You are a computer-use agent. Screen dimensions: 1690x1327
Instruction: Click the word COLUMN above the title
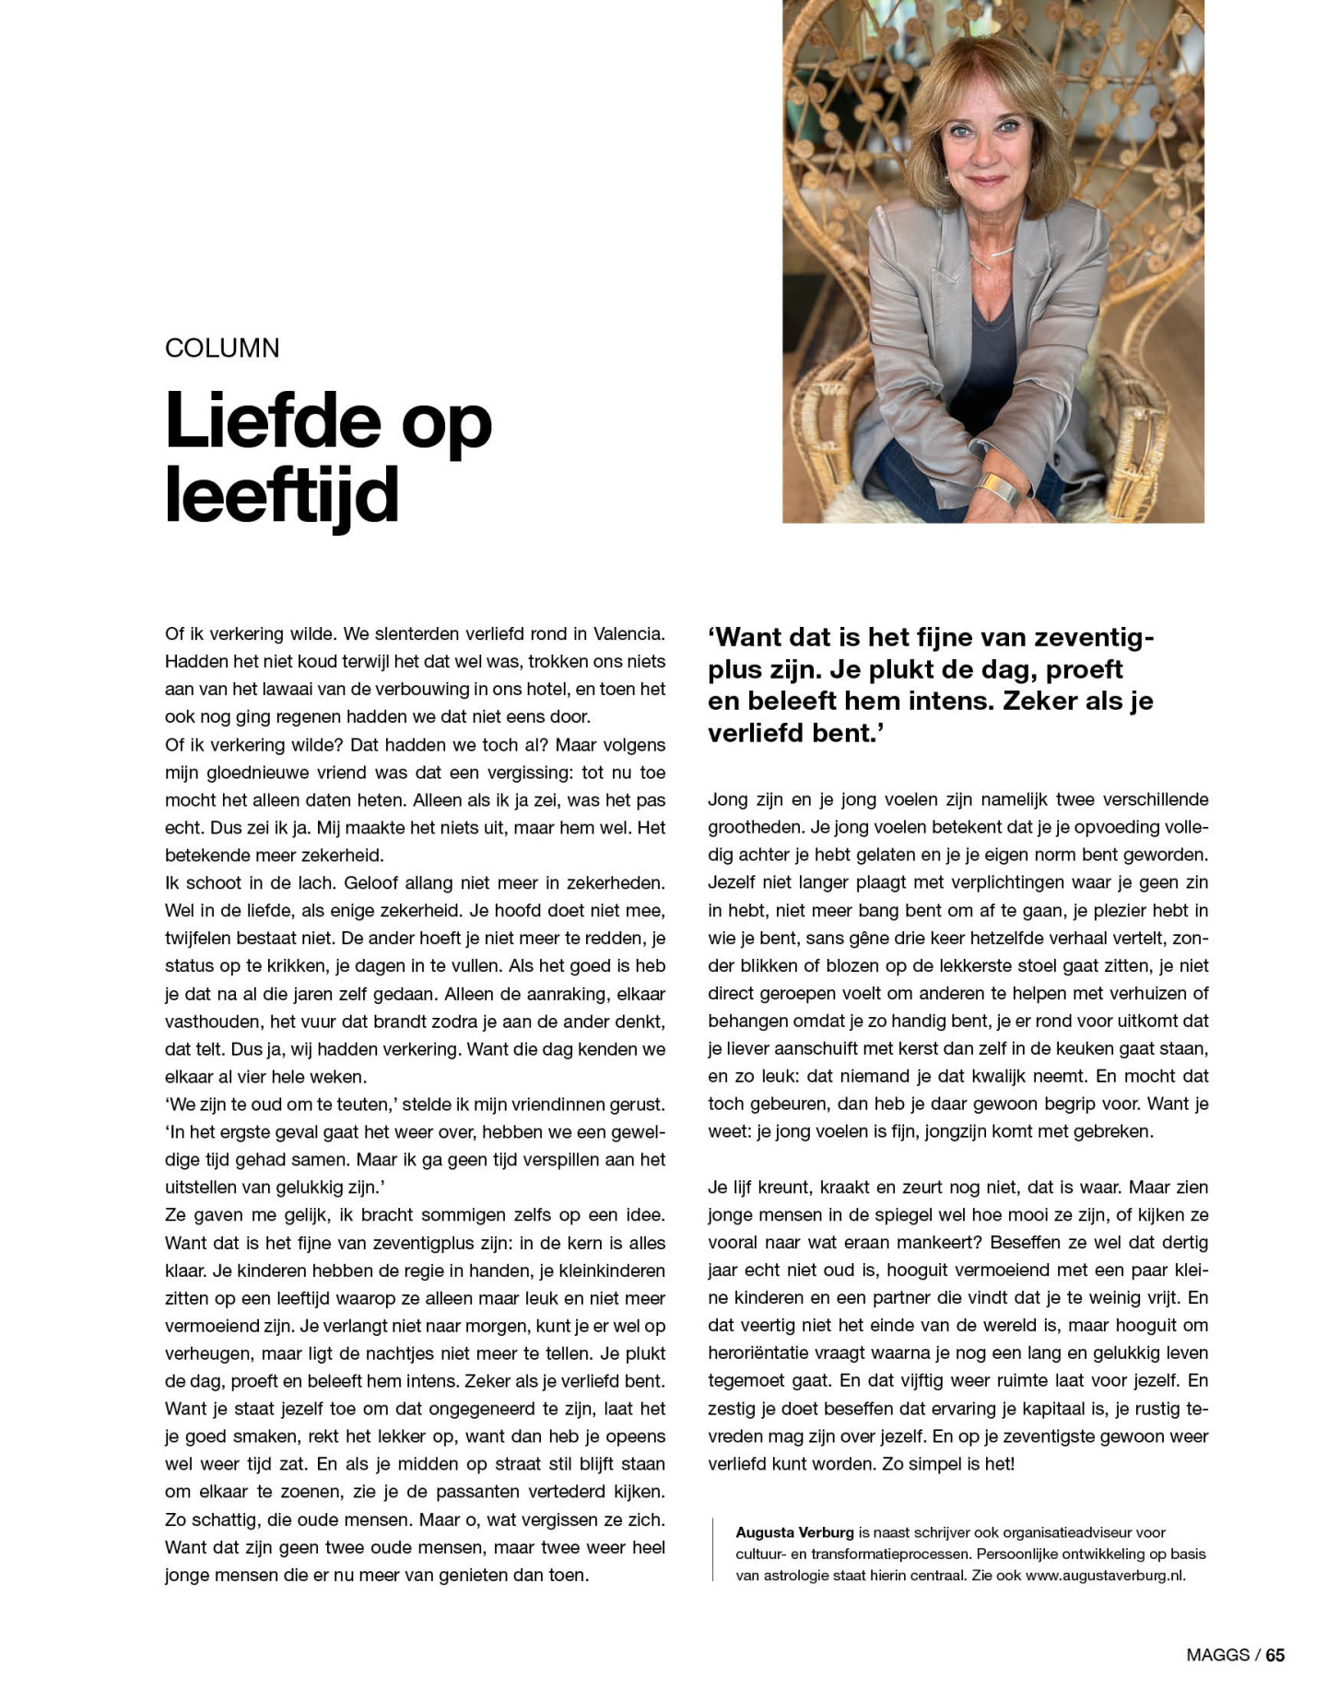(222, 349)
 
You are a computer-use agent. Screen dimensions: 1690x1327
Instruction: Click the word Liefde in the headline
(273, 421)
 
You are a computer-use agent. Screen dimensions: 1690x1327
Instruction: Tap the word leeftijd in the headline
(282, 495)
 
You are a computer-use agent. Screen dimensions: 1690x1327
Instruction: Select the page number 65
(1274, 1655)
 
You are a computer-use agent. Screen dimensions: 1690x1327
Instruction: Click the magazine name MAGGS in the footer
(1217, 1655)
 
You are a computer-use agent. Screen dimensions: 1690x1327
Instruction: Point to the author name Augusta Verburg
(794, 1532)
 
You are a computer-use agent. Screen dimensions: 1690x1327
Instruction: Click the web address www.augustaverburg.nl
(1105, 1576)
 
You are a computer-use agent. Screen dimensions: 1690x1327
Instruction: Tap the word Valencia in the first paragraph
(628, 634)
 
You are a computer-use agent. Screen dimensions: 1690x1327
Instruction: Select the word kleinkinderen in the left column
(611, 1270)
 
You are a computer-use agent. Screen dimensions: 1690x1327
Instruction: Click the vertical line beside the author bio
(713, 1554)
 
